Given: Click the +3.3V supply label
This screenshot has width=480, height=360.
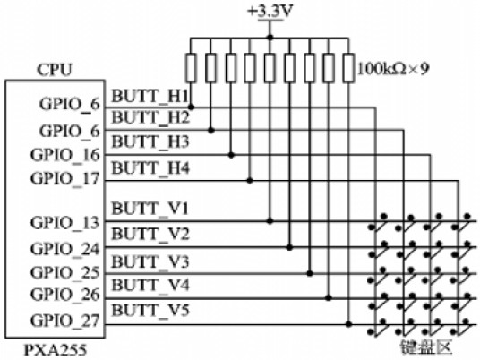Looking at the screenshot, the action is (270, 12).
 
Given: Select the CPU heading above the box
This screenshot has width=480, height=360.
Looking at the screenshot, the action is (55, 70).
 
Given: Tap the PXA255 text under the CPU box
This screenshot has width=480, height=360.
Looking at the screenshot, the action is (56, 350).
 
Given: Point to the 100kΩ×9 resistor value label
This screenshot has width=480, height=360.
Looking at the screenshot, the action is (393, 69).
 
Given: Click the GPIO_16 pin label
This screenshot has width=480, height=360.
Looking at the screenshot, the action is (65, 155).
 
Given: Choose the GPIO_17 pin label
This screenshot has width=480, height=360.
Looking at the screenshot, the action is (65, 178).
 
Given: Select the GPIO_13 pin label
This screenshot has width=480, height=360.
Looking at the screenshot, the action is (65, 223).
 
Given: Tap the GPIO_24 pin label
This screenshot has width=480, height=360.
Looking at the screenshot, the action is (65, 249).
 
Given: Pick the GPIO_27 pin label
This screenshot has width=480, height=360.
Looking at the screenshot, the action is (65, 321).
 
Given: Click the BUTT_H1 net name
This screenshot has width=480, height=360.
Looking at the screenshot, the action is (150, 97).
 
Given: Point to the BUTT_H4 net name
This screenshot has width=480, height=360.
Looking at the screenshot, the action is (150, 168).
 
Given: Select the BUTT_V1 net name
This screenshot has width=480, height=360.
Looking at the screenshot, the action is (150, 209).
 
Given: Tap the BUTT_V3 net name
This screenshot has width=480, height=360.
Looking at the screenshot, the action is (150, 262).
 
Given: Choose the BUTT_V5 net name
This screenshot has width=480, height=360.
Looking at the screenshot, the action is (150, 311).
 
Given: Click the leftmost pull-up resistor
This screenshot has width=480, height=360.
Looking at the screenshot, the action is (191, 68).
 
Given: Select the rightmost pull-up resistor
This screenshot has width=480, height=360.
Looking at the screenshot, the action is (348, 68).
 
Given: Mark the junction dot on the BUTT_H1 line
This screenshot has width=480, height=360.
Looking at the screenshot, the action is (191, 107).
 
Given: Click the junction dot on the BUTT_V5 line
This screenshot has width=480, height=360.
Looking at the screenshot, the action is (348, 324).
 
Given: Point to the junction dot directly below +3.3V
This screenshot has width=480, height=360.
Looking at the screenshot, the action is (270, 38).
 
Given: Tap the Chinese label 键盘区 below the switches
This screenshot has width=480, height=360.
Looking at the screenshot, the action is (426, 347).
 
